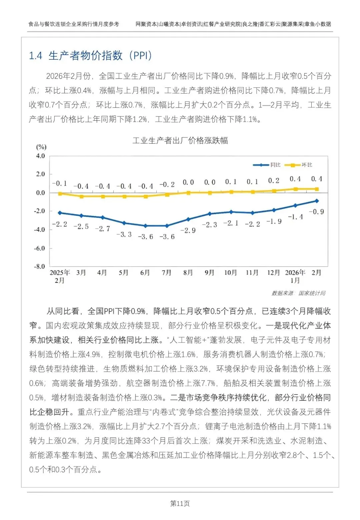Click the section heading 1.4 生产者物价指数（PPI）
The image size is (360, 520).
pyautogui.click(x=90, y=56)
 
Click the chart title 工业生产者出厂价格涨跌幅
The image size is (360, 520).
pyautogui.click(x=180, y=140)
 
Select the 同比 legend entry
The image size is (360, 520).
pyautogui.click(x=267, y=165)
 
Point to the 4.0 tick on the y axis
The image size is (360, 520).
pyautogui.click(x=40, y=156)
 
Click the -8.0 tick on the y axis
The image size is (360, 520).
pyautogui.click(x=39, y=267)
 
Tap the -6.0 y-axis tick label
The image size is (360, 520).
pyautogui.click(x=39, y=248)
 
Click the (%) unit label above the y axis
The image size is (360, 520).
pyautogui.click(x=41, y=147)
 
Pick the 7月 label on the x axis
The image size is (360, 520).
pyautogui.click(x=167, y=273)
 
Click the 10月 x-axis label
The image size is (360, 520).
pyautogui.click(x=231, y=273)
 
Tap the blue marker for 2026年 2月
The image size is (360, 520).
pyautogui.click(x=317, y=201)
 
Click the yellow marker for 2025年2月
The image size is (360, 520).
pyautogui.click(x=60, y=193)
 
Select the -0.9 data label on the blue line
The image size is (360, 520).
pyautogui.click(x=316, y=212)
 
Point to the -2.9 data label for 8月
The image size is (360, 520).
pyautogui.click(x=188, y=230)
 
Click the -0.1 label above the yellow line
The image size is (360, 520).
pyautogui.click(x=60, y=183)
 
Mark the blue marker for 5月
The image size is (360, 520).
pyautogui.click(x=124, y=223)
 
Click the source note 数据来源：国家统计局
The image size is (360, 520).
pyautogui.click(x=298, y=293)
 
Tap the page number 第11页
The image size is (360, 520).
pyautogui.click(x=180, y=504)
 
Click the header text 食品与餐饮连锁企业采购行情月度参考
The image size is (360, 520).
pyautogui.click(x=74, y=24)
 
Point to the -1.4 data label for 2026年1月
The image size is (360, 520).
pyautogui.click(x=295, y=217)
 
